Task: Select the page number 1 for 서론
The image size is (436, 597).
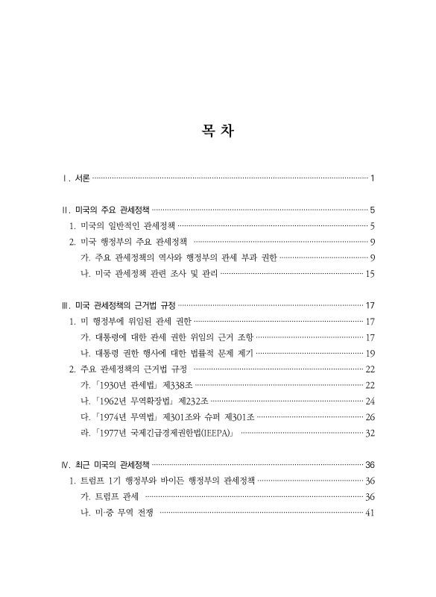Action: [372, 178]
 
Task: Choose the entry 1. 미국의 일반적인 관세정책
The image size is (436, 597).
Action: [122, 225]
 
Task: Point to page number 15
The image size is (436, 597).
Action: [370, 273]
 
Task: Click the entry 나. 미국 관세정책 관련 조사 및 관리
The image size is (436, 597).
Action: [149, 273]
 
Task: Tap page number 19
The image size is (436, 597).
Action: [370, 353]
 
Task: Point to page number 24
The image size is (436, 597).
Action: [370, 401]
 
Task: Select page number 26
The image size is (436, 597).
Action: [370, 416]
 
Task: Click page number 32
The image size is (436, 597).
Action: [370, 433]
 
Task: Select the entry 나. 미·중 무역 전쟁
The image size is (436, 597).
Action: [119, 512]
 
